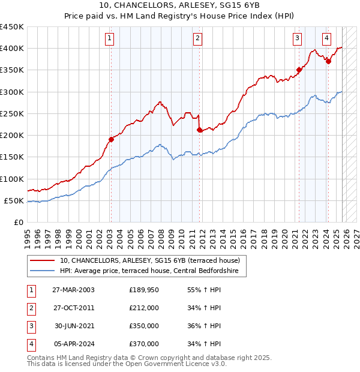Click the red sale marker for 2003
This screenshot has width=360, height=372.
click(111, 139)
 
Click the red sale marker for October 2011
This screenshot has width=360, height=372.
click(199, 130)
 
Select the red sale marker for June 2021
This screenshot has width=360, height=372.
click(298, 70)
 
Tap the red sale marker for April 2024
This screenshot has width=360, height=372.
click(328, 61)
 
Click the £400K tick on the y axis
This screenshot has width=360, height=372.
click(11, 49)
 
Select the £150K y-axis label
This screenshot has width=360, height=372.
click(11, 157)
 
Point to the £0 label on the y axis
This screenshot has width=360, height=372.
click(18, 223)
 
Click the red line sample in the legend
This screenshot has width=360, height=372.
click(43, 260)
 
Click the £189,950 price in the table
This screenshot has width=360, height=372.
click(144, 290)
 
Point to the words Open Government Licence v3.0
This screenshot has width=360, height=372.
click(179, 364)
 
